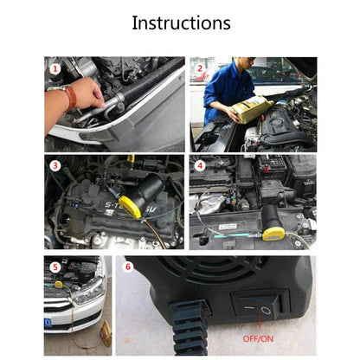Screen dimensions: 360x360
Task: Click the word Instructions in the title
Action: tap(180, 22)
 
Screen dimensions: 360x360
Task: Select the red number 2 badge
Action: tap(198, 67)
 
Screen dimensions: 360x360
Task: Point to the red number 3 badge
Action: tap(56, 165)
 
